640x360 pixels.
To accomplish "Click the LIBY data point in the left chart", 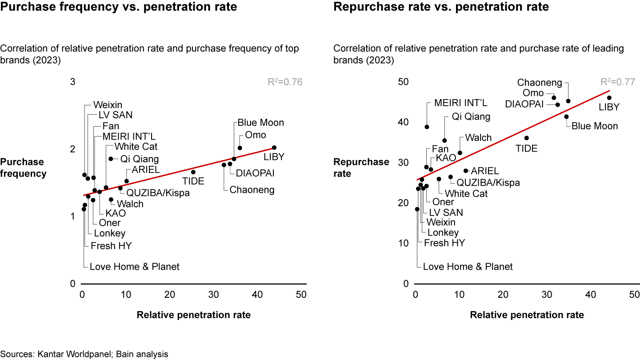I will click(274, 148).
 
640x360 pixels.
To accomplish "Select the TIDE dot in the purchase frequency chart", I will click(193, 172).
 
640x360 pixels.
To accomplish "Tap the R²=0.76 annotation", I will click(284, 82).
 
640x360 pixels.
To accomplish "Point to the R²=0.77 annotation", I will click(618, 82).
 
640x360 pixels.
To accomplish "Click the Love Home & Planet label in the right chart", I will click(468, 267).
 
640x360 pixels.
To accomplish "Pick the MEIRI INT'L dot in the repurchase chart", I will click(427, 127).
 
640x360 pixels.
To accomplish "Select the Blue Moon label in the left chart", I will click(260, 123).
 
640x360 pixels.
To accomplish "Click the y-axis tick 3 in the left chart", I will click(73, 82).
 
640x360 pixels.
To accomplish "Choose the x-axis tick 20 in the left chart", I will click(170, 295).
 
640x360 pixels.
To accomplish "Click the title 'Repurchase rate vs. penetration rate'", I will click(441, 7).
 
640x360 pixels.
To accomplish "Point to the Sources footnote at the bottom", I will click(84, 354).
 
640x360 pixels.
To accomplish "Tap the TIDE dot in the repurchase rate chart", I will click(527, 138).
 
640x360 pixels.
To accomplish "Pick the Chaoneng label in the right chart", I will click(540, 83).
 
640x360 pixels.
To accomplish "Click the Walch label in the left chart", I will click(130, 204).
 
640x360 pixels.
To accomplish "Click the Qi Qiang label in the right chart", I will click(471, 117).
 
